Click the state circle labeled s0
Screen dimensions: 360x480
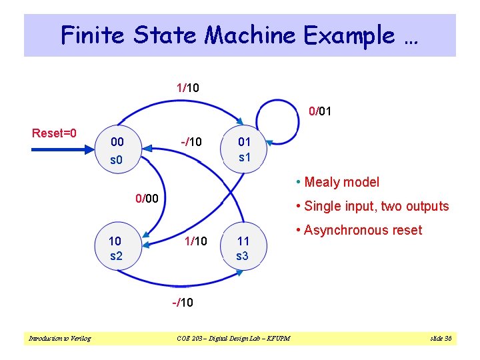tap(117, 151)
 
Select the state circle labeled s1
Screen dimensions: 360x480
tap(245, 150)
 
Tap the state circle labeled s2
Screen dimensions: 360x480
tap(117, 247)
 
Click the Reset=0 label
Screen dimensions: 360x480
tap(54, 133)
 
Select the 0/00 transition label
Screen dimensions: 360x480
tap(147, 198)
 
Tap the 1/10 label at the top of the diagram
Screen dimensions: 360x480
tap(187, 87)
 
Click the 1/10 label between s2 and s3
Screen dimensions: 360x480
tap(195, 241)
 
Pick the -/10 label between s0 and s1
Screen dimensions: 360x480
tap(191, 141)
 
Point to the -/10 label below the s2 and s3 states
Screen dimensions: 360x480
tap(183, 302)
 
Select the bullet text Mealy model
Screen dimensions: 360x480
tap(341, 182)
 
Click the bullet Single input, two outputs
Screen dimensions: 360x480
tap(376, 206)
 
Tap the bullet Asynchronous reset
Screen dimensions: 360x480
tap(363, 230)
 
